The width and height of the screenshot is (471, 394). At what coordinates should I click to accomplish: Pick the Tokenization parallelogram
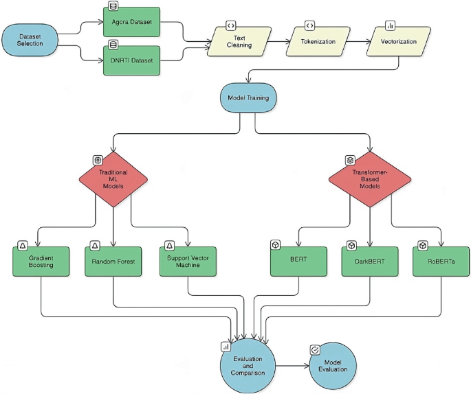[317, 41]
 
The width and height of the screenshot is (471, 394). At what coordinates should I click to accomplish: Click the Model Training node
[248, 98]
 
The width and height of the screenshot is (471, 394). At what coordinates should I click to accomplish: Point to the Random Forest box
[113, 261]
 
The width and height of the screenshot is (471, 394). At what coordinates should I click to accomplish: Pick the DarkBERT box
[370, 261]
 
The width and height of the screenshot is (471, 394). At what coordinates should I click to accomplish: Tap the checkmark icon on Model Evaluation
[315, 349]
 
